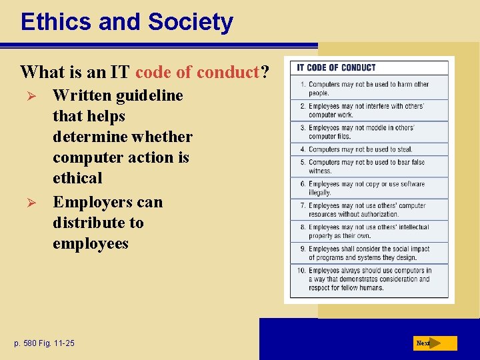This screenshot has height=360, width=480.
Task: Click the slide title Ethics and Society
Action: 127,22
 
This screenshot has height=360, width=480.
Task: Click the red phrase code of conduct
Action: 197,71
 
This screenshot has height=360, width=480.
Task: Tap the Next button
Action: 434,343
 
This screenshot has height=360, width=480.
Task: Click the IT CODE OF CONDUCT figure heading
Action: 336,67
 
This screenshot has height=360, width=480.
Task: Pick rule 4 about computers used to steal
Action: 360,149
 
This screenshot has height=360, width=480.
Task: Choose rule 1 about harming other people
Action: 369,89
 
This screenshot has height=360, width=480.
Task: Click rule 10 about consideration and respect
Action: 369,279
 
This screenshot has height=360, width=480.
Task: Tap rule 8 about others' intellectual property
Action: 369,231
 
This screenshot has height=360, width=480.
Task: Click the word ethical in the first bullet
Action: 77,178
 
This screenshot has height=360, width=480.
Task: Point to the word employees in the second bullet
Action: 91,243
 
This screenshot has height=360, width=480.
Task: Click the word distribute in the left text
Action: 98,223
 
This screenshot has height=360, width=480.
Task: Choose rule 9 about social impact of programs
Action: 369,253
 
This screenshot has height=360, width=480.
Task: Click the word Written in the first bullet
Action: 82,95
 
